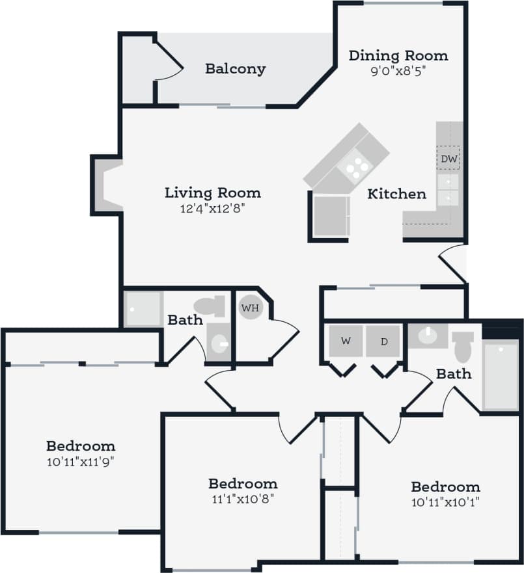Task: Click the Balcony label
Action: click(235, 68)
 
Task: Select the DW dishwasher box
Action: click(448, 159)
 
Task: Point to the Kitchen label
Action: click(397, 194)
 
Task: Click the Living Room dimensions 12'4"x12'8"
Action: click(212, 208)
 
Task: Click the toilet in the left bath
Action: click(209, 306)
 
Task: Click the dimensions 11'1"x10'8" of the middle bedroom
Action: click(243, 500)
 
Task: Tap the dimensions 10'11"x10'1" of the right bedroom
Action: click(446, 502)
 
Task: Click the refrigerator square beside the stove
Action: click(331, 215)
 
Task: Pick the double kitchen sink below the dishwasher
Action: click(448, 189)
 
